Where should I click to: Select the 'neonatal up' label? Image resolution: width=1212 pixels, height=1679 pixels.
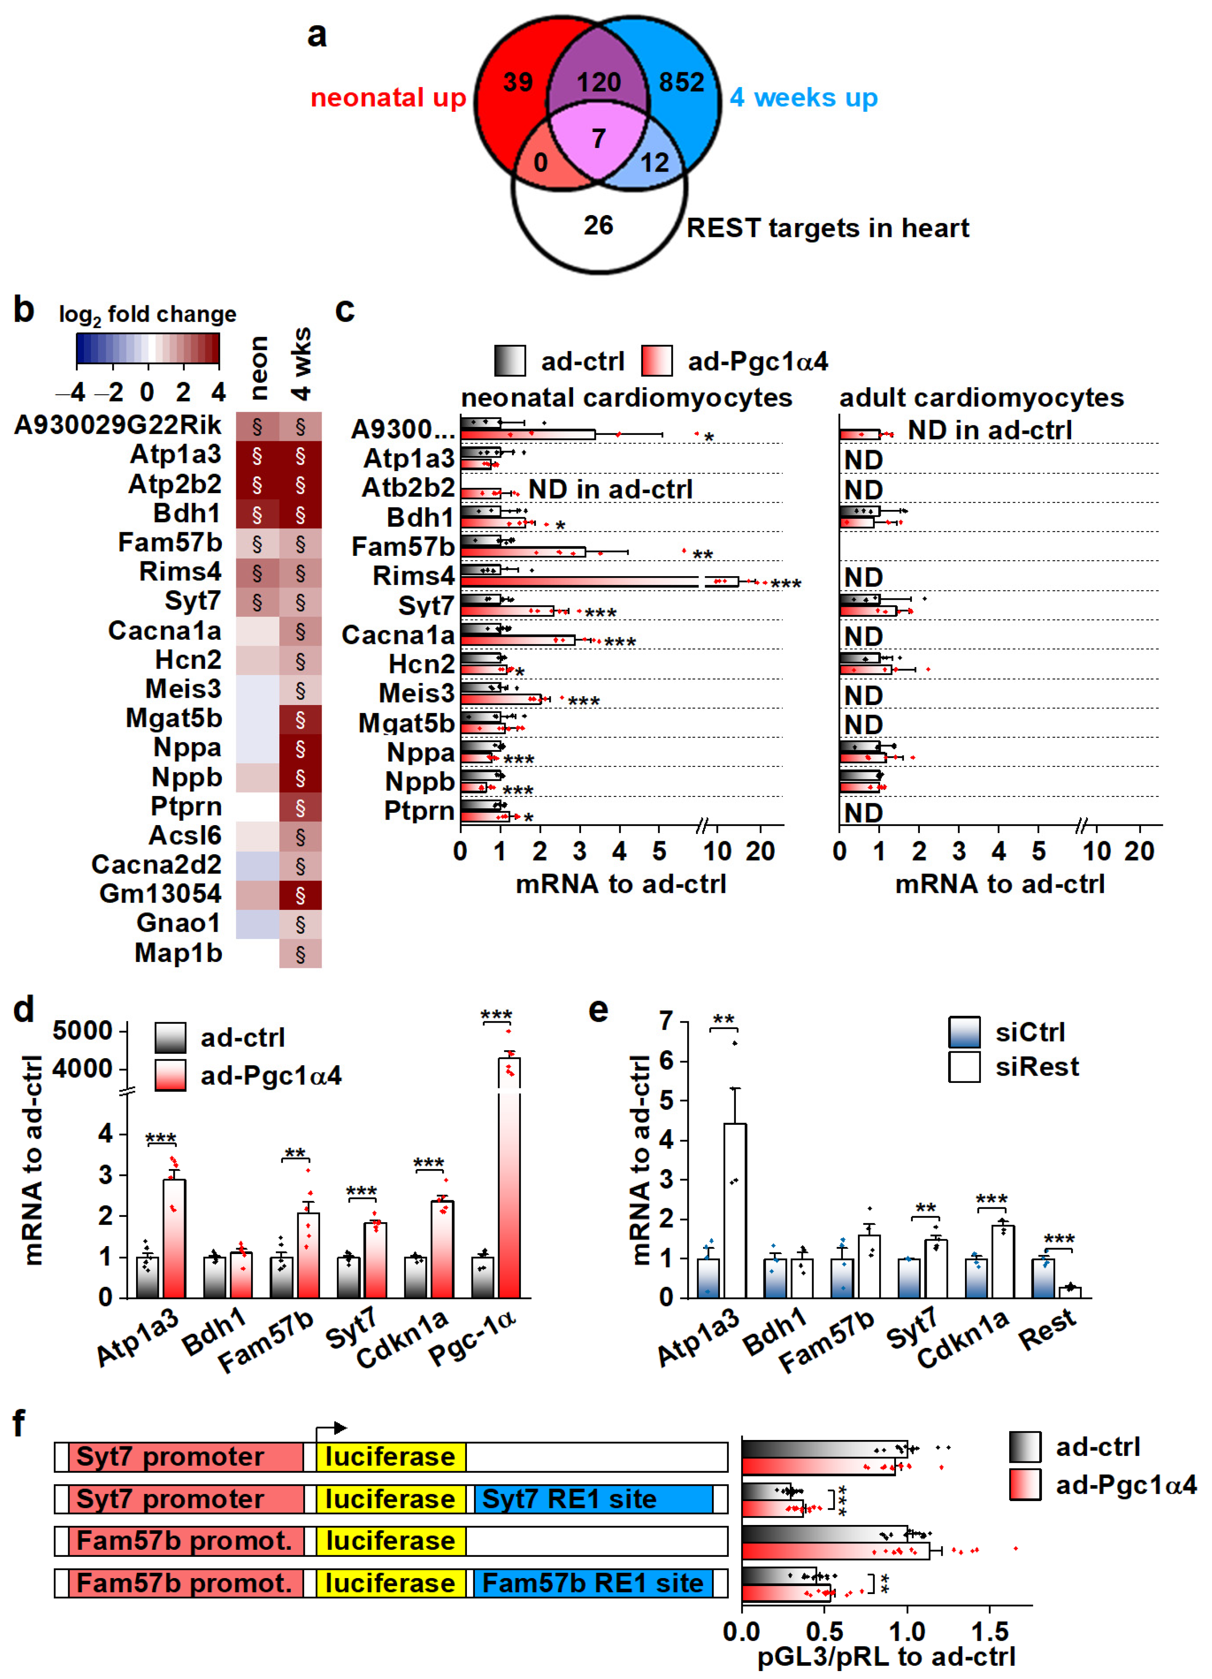coord(388,98)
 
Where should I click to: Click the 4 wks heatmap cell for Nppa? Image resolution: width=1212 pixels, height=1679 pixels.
coord(300,749)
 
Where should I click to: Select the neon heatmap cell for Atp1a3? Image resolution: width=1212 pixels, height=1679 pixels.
coord(257,455)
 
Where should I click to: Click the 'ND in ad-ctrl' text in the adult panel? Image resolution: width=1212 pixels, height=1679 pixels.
coord(989,430)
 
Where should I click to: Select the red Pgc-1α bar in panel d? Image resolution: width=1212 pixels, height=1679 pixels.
coord(509,1185)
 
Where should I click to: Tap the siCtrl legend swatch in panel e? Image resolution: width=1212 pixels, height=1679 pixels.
coord(964,1032)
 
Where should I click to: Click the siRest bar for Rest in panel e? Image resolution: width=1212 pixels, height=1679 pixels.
coord(1070,1292)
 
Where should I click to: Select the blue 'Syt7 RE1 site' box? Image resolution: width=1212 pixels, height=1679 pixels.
coord(592,1499)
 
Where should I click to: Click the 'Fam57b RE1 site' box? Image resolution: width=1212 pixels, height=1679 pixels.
coord(592,1584)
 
